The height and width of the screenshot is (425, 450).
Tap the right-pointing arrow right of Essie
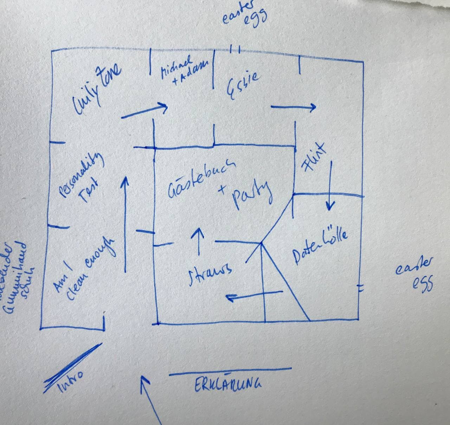point(293,107)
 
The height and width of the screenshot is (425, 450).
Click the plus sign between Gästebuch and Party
point(222,189)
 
